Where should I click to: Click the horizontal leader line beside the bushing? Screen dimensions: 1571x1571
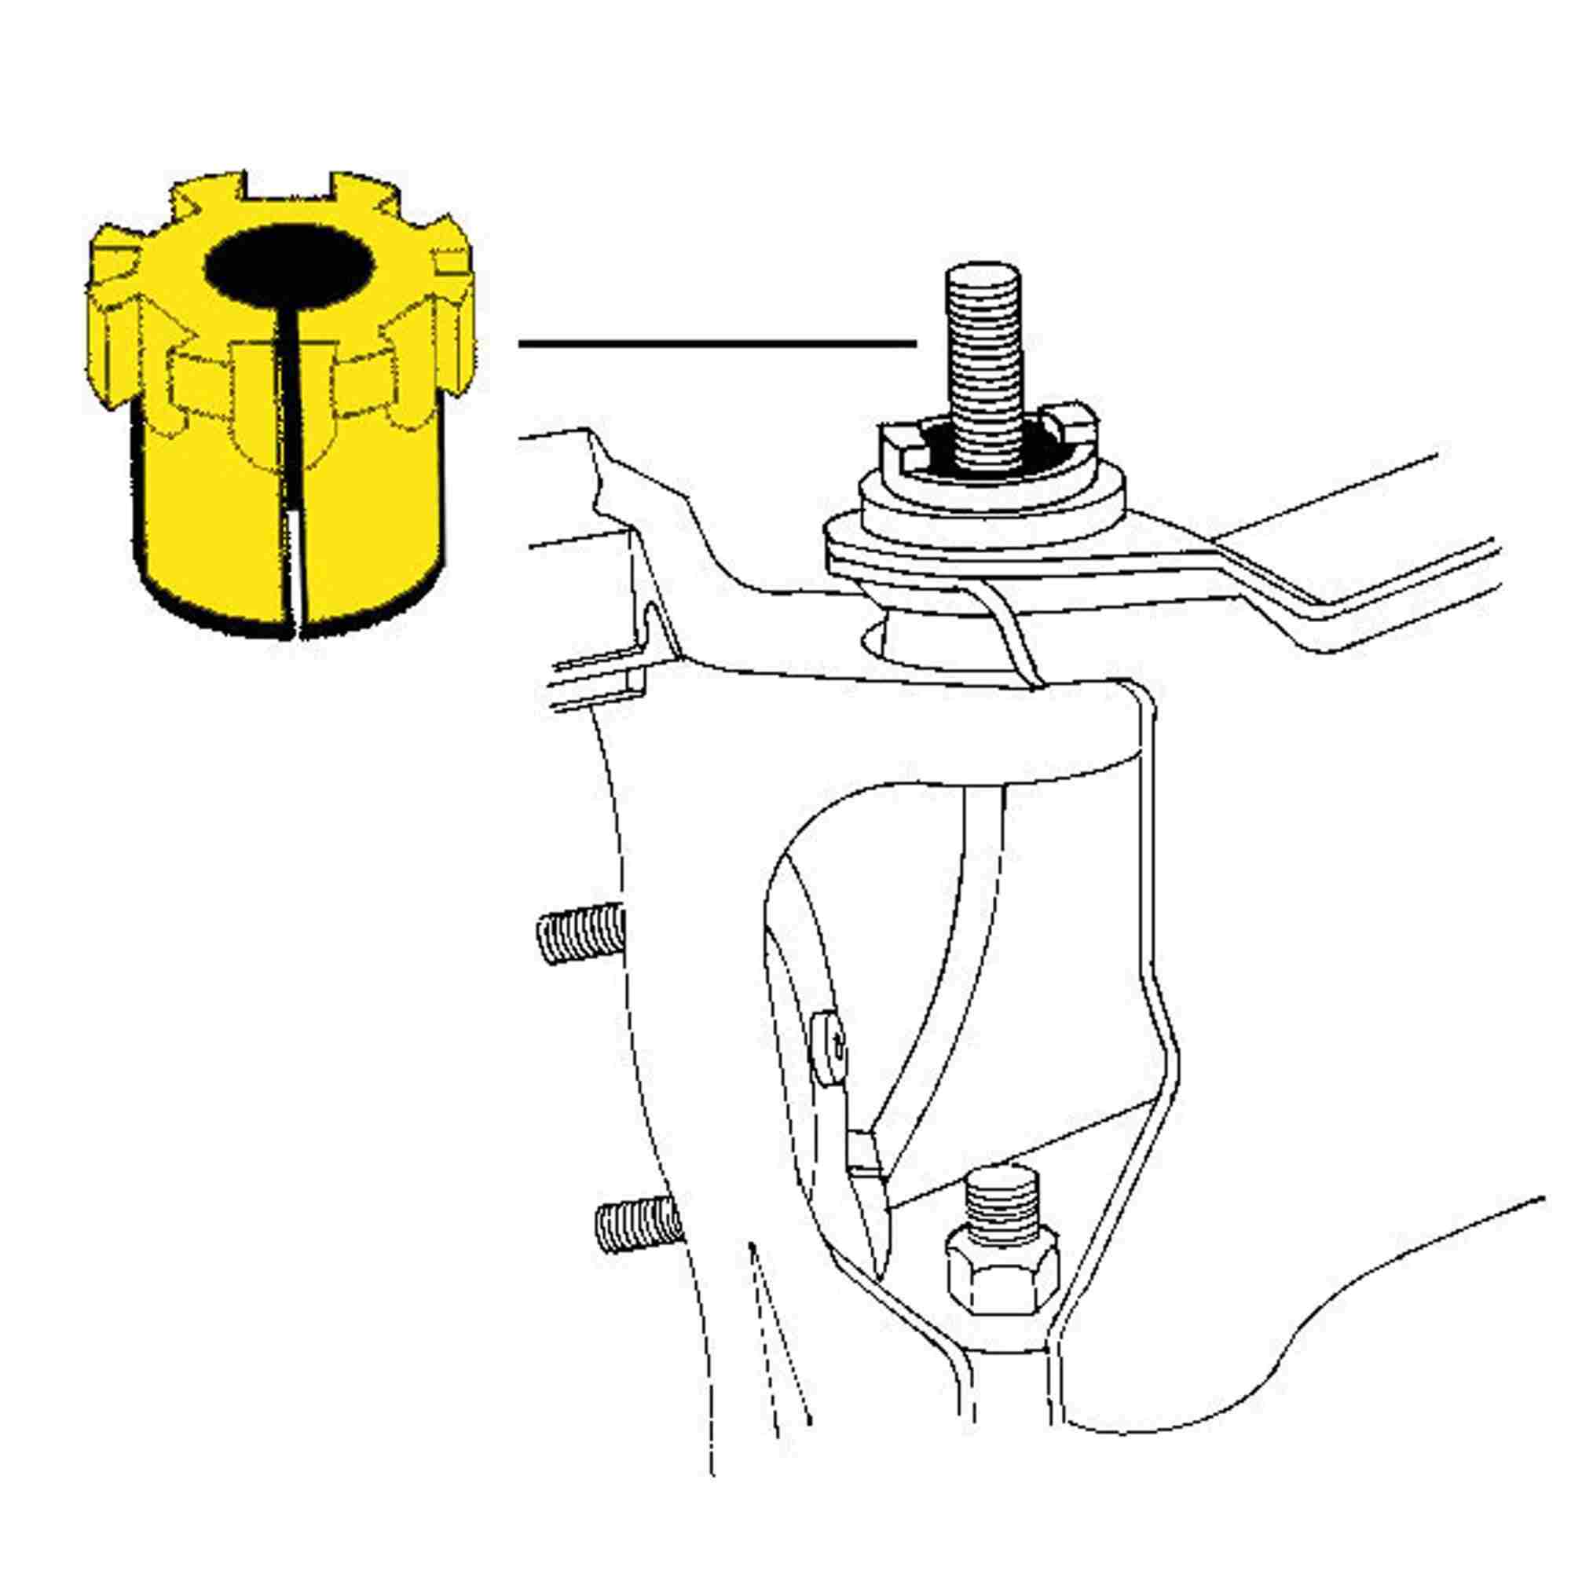click(x=716, y=344)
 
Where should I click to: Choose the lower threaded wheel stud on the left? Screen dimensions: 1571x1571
click(x=637, y=1229)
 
